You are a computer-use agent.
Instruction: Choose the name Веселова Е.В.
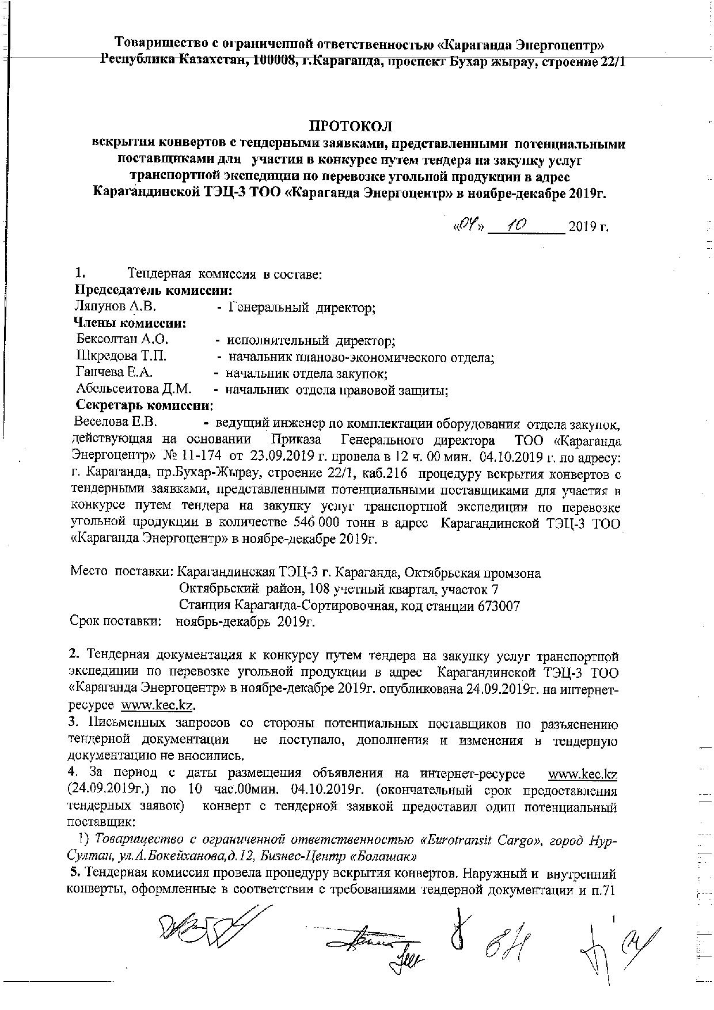point(115,422)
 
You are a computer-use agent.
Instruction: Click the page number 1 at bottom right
point(614,921)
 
